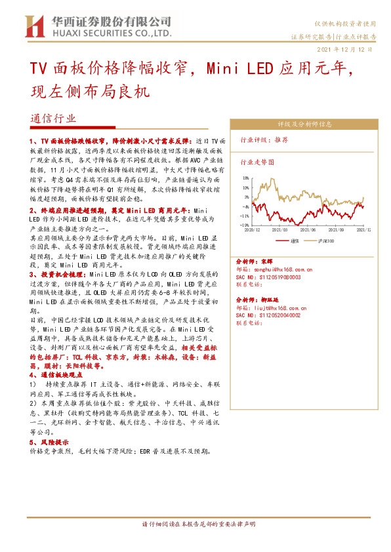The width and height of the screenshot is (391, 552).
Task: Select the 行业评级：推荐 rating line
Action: tap(264, 140)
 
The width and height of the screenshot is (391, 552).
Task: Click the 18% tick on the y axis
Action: tap(245, 178)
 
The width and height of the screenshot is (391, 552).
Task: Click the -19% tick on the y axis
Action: tap(245, 225)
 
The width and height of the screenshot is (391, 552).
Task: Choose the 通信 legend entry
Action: tap(297, 241)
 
